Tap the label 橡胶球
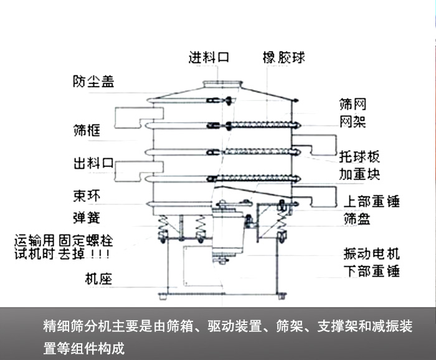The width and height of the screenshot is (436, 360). [x=283, y=58]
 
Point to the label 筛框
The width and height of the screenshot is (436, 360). [x=87, y=131]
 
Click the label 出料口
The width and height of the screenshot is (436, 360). [x=93, y=164]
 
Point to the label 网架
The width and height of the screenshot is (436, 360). [x=352, y=121]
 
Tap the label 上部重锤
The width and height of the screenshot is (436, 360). [x=371, y=201]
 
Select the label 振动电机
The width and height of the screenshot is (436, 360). [x=371, y=253]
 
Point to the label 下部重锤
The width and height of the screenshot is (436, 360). [x=371, y=271]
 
